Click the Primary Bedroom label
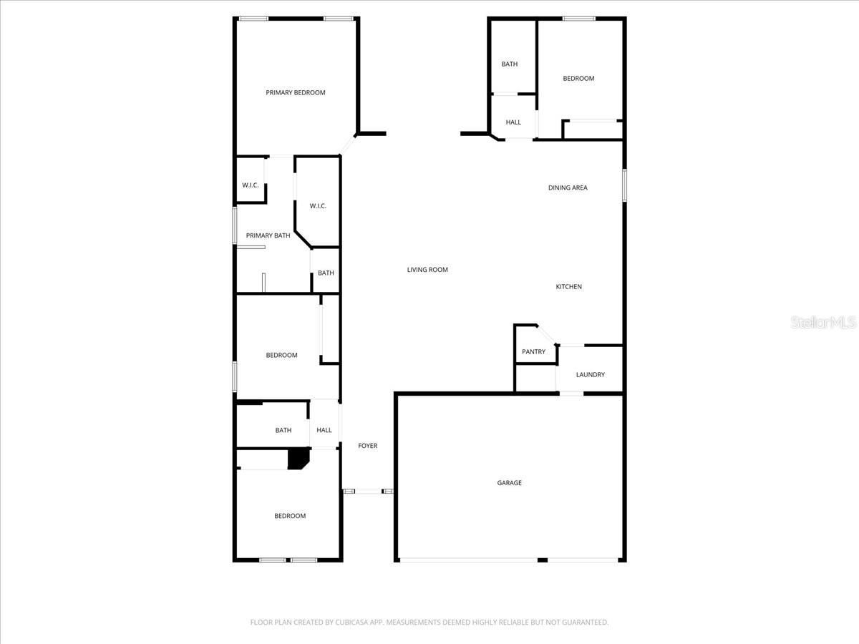295,92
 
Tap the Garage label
509,483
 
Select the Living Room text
427,270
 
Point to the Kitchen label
569,287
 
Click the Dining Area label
568,187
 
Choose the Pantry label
533,351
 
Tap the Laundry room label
590,374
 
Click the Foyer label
367,446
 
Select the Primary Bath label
268,235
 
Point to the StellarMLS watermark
823,323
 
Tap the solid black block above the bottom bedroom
297,459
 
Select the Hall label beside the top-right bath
513,122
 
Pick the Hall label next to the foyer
324,430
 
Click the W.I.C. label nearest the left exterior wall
250,185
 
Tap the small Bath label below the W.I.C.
326,273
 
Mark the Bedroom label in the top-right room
578,79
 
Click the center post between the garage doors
543,560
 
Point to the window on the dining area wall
624,185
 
